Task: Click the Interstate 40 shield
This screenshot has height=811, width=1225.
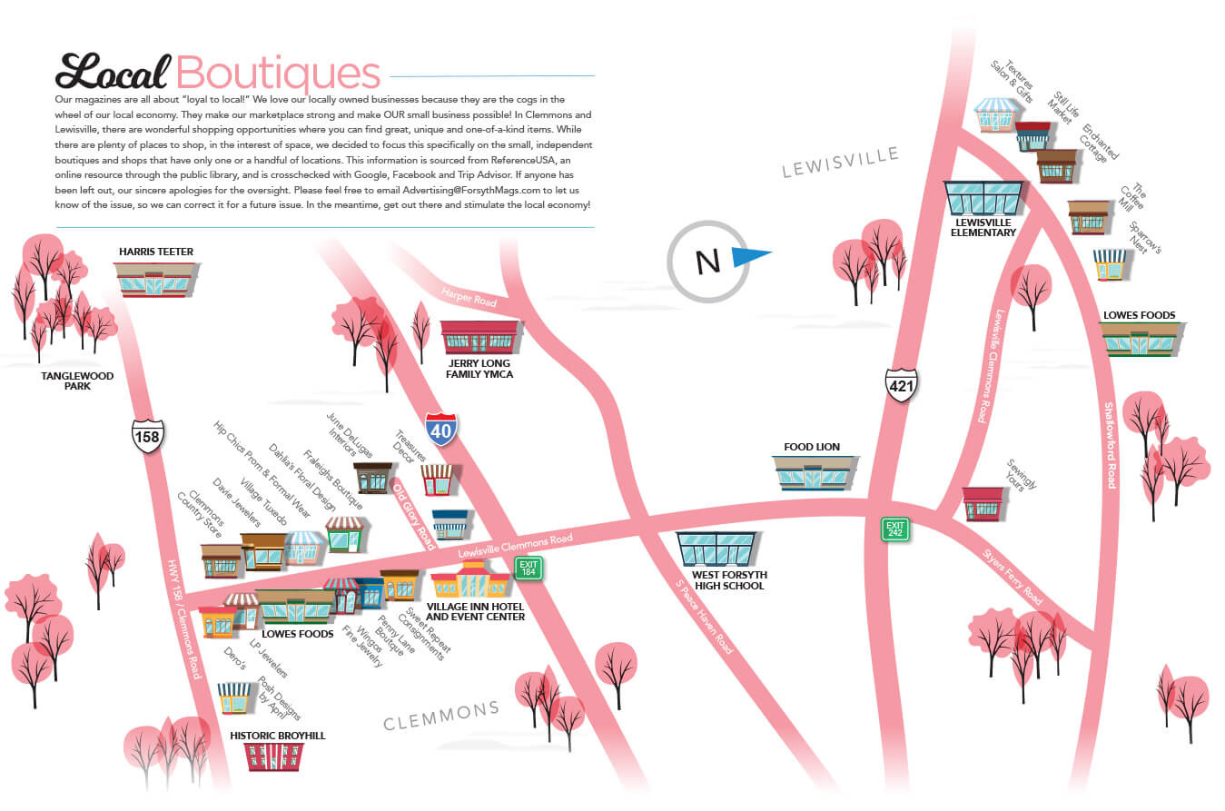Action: pyautogui.click(x=440, y=429)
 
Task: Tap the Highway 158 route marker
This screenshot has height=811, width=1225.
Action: pyautogui.click(x=147, y=436)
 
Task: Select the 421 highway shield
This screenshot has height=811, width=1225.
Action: pyautogui.click(x=902, y=385)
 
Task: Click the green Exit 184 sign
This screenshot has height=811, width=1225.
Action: pyautogui.click(x=528, y=569)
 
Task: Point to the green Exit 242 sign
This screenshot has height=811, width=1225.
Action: pyautogui.click(x=896, y=529)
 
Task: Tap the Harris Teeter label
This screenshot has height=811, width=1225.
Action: pyautogui.click(x=156, y=252)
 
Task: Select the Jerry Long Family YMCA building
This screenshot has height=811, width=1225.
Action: pyautogui.click(x=479, y=338)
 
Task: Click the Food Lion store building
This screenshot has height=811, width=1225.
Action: pyautogui.click(x=814, y=472)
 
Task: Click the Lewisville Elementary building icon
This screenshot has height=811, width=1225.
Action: pyautogui.click(x=983, y=197)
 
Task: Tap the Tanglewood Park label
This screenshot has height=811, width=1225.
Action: pyautogui.click(x=77, y=381)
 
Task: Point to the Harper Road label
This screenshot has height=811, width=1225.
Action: pyautogui.click(x=469, y=296)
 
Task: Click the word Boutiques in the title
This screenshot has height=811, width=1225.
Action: pyautogui.click(x=278, y=72)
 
